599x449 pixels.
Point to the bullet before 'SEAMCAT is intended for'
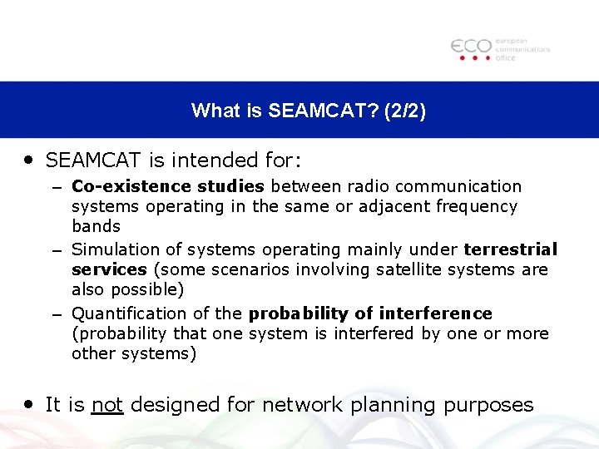(29, 157)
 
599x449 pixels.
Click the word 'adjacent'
(395, 206)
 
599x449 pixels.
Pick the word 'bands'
(96, 226)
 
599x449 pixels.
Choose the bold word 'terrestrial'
(510, 249)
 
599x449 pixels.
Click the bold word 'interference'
(435, 313)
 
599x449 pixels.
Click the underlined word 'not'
(107, 405)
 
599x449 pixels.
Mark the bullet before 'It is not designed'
(29, 403)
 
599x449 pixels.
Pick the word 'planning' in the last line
(390, 406)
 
